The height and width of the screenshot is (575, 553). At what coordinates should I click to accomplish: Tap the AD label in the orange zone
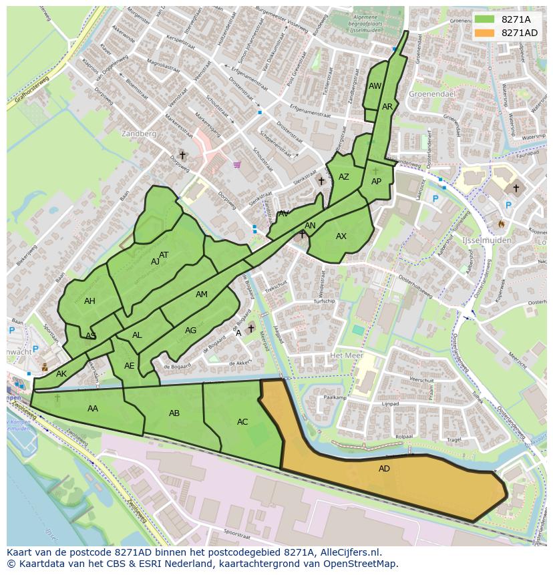click(384, 469)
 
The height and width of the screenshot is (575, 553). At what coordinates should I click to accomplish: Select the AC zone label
click(242, 422)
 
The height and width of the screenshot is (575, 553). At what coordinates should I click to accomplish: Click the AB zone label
click(174, 413)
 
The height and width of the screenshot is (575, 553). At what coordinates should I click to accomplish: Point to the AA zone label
click(93, 409)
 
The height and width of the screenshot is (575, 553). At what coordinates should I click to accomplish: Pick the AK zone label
click(61, 374)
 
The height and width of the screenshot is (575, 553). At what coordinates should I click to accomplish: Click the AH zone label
click(89, 301)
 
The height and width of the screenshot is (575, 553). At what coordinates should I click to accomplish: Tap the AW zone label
click(375, 86)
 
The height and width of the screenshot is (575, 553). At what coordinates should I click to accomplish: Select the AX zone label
click(341, 236)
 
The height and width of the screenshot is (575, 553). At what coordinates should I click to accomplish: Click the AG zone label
click(191, 331)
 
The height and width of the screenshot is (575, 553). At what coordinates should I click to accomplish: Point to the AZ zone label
click(344, 177)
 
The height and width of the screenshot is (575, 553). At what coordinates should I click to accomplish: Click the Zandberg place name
click(139, 134)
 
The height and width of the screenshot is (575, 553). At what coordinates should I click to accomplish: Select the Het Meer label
click(345, 356)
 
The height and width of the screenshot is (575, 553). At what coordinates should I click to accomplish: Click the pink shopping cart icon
click(236, 164)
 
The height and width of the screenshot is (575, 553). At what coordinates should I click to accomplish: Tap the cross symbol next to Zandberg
click(182, 155)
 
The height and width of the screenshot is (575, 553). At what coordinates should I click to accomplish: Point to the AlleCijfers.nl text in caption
click(350, 552)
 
